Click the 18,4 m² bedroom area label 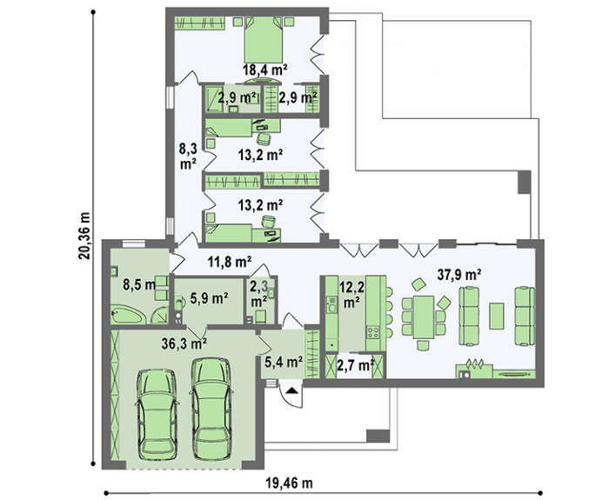264,70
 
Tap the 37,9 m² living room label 459,275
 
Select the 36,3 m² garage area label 184,343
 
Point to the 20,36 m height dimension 84,236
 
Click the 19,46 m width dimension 290,483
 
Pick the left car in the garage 157,414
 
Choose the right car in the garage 211,409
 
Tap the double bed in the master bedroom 264,39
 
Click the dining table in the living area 424,317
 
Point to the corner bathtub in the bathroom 128,315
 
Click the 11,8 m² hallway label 230,263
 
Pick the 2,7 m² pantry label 355,365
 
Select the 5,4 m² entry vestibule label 284,363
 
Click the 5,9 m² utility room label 209,298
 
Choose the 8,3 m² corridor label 188,156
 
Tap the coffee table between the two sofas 497,317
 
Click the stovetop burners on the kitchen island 373,332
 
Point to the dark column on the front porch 378,436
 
